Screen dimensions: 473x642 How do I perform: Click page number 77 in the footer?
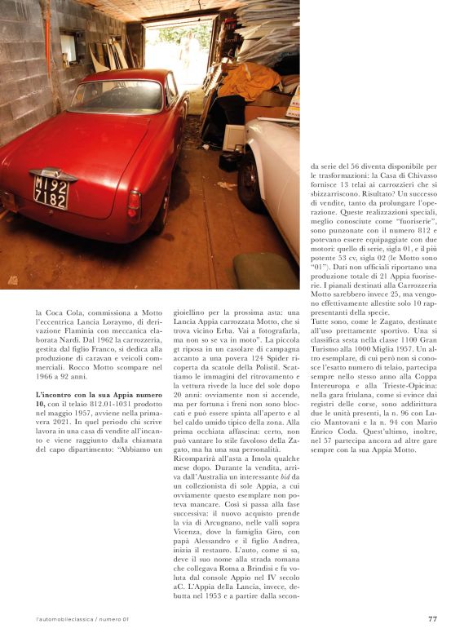432,618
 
